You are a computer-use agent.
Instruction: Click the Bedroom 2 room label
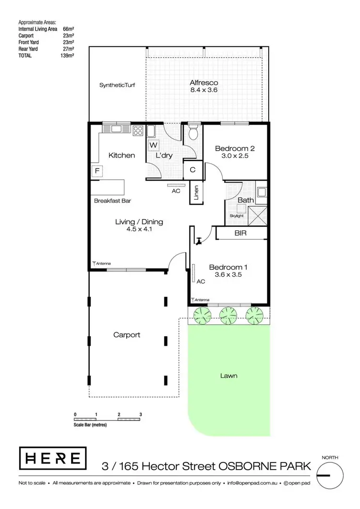(234, 148)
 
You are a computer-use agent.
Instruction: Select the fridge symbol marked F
(96, 171)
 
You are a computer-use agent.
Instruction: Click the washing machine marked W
(153, 145)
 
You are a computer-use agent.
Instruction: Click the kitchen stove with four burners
(138, 130)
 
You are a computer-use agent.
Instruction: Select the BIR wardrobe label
(240, 233)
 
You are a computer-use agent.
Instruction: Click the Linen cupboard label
(196, 193)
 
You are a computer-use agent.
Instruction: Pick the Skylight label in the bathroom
(237, 216)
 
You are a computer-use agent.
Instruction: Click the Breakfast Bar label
(113, 201)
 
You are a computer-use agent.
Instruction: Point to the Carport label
(127, 335)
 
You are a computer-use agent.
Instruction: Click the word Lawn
(229, 376)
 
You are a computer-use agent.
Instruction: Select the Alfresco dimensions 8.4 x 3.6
(204, 90)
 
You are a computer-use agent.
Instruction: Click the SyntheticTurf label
(117, 85)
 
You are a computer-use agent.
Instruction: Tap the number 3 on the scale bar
(141, 413)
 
